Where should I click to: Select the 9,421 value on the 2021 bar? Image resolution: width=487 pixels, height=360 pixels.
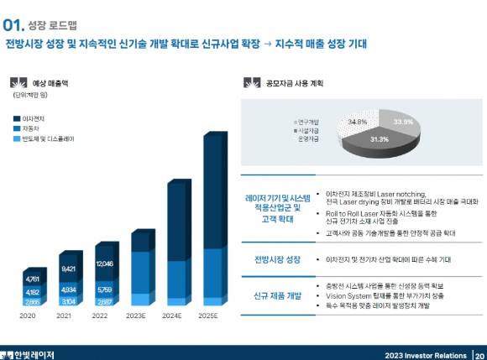tap(69, 269)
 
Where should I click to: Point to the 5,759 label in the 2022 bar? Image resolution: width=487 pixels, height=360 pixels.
tap(105, 290)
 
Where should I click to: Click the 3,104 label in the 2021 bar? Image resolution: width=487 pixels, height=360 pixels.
tap(69, 301)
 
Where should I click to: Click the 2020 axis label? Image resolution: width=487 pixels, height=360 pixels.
tap(28, 316)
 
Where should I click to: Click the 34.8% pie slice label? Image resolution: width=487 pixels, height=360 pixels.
tap(357, 122)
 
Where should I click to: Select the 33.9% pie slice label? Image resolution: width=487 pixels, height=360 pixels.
tap(403, 123)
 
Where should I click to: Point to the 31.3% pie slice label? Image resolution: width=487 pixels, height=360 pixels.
tap(380, 139)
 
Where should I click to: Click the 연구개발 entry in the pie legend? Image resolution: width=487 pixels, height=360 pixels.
tap(309, 122)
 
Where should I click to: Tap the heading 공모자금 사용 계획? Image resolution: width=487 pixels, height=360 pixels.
tap(294, 83)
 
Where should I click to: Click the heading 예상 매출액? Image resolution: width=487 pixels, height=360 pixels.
tap(50, 83)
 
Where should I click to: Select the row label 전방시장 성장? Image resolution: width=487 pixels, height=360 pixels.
tap(277, 260)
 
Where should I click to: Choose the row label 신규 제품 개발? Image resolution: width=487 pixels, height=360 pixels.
tap(277, 297)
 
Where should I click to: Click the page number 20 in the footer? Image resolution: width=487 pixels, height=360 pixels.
tap(479, 354)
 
